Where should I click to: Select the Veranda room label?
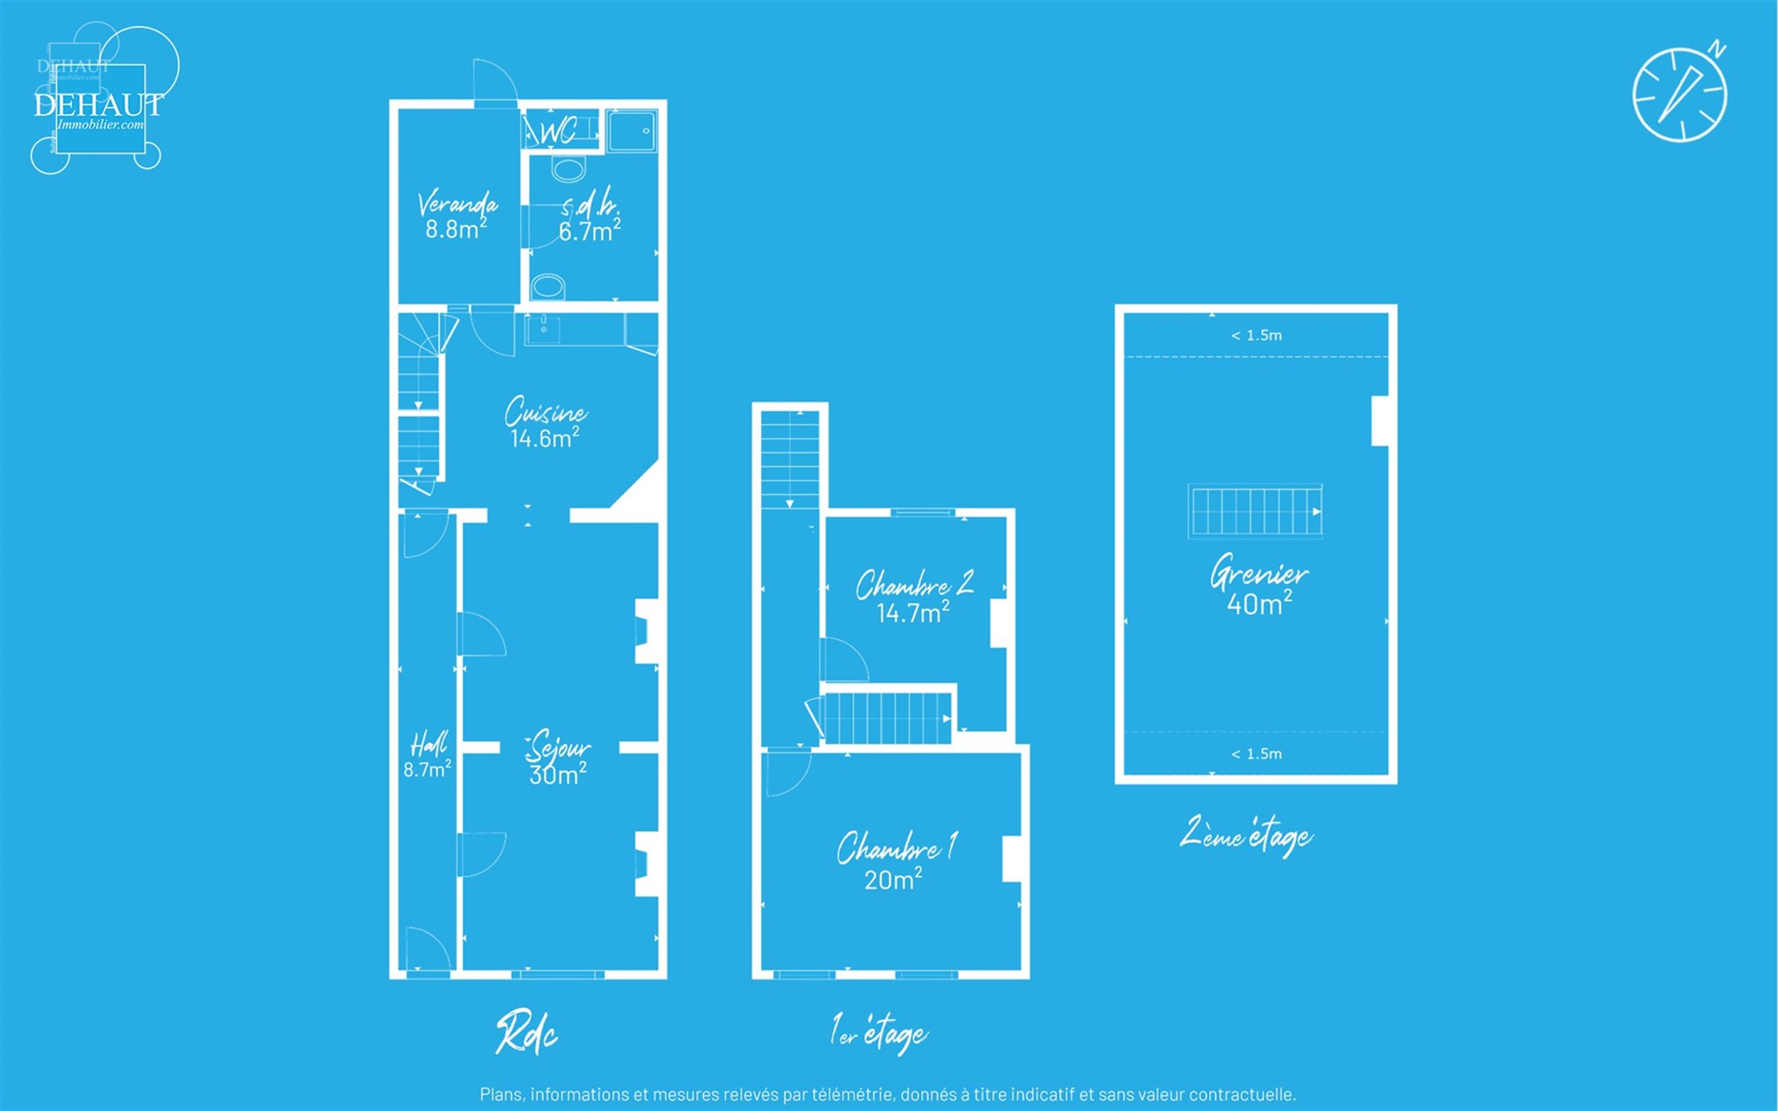[x=458, y=203]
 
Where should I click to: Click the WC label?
[x=558, y=132]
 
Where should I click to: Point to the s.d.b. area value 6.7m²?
[x=590, y=230]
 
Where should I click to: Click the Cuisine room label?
[x=546, y=412]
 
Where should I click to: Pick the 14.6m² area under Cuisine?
[x=544, y=438]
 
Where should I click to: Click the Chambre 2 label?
[x=915, y=583]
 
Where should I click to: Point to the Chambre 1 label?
[x=897, y=847]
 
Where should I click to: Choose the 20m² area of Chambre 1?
[x=893, y=880]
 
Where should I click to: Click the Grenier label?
[x=1260, y=573]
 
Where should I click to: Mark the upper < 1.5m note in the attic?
[x=1257, y=336]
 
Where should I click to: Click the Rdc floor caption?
[x=527, y=1033]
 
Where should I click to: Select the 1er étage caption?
[x=880, y=1032]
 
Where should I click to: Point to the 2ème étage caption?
[x=1246, y=836]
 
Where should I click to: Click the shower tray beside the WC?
[x=632, y=131]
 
